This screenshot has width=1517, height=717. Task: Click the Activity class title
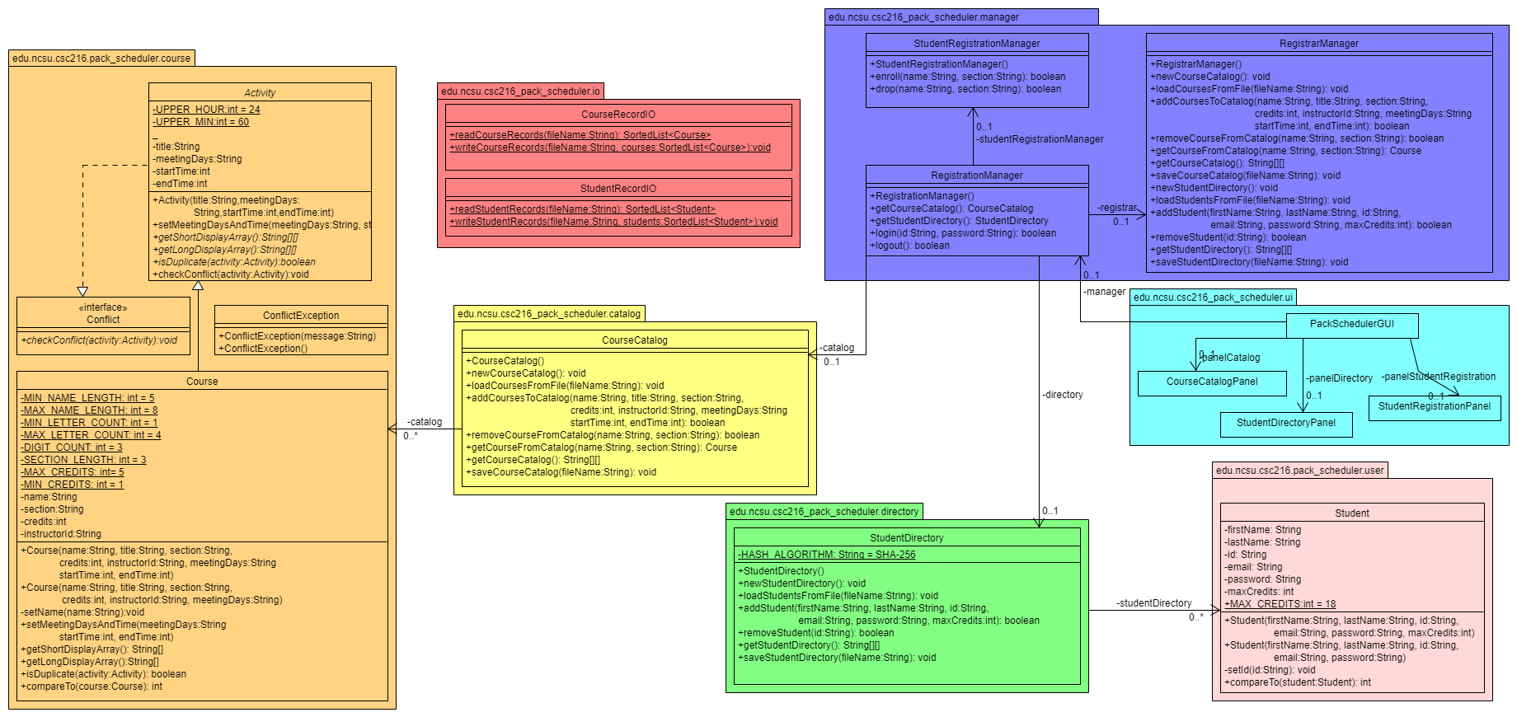point(260,92)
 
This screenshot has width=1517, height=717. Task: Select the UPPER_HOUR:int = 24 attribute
point(206,110)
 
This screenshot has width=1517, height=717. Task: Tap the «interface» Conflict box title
point(103,313)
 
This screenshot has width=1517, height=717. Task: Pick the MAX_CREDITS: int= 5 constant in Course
point(73,472)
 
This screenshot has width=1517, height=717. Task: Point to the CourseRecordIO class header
point(618,115)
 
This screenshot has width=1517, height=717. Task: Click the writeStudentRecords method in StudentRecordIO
point(613,222)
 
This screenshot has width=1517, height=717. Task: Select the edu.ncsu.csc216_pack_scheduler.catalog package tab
point(549,313)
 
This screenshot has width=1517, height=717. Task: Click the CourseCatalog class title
point(635,340)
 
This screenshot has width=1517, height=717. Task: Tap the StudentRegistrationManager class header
point(977,43)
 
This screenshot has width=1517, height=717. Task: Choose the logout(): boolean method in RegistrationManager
point(910,246)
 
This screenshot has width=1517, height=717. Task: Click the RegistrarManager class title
point(1319,43)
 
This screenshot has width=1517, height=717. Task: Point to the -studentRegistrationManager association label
point(1040,139)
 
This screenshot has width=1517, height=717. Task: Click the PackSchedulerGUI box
point(1352,325)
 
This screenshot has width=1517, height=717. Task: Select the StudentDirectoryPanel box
point(1286,424)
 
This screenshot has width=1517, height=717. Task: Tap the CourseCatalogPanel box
point(1212,382)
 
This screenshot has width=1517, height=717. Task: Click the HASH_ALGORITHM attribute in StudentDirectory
point(826,555)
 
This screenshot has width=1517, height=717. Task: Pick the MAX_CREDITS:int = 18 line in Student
point(1280,604)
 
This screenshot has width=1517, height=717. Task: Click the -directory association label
point(1063,395)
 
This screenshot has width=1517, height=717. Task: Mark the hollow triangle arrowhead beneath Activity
point(198,286)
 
